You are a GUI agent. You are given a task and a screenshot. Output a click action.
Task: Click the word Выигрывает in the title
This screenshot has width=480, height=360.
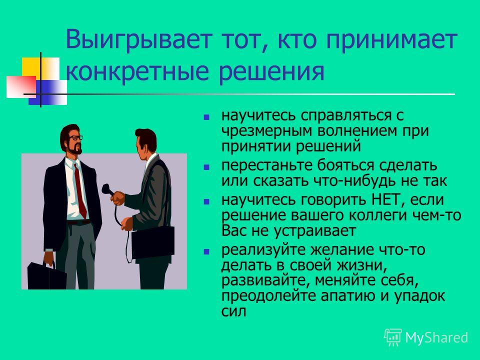139,40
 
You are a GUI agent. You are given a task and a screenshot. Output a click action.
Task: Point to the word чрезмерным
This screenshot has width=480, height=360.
267,131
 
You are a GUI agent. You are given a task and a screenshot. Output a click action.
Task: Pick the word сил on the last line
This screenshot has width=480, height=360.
233,311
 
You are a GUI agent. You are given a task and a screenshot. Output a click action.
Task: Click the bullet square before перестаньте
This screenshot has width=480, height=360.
206,167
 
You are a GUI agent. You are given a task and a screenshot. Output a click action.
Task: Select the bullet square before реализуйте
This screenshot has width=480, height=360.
206,251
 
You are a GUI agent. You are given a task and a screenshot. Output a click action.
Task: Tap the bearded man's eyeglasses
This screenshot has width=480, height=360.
75,138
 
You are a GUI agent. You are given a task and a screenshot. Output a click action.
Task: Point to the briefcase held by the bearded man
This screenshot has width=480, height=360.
46,276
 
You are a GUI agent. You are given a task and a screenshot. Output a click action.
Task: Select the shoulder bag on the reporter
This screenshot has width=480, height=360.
153,242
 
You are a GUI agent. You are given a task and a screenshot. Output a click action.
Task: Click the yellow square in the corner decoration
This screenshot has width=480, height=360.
32,68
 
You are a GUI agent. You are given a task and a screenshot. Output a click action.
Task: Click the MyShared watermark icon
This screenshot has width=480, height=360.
393,337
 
